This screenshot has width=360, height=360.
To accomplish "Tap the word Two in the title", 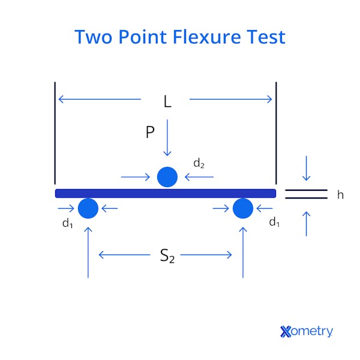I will (x=94, y=37).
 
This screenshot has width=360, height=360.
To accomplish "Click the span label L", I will (x=167, y=102).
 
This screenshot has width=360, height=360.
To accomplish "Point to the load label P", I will (x=150, y=133).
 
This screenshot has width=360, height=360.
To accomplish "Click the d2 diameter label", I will (x=199, y=163).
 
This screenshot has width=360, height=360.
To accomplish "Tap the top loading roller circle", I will (x=167, y=177).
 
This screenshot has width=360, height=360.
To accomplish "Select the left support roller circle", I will (x=88, y=208).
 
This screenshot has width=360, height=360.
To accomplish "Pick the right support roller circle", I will (x=242, y=208).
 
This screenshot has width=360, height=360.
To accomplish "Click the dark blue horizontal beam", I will (x=166, y=193).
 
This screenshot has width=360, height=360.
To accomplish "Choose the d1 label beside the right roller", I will (x=274, y=223).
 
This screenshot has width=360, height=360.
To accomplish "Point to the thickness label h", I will (x=340, y=194).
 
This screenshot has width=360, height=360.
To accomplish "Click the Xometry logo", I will (x=306, y=331).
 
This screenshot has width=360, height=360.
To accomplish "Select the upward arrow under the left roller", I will (x=88, y=252).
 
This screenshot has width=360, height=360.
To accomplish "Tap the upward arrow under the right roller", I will (x=243, y=252).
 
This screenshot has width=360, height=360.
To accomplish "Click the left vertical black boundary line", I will (x=55, y=132).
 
